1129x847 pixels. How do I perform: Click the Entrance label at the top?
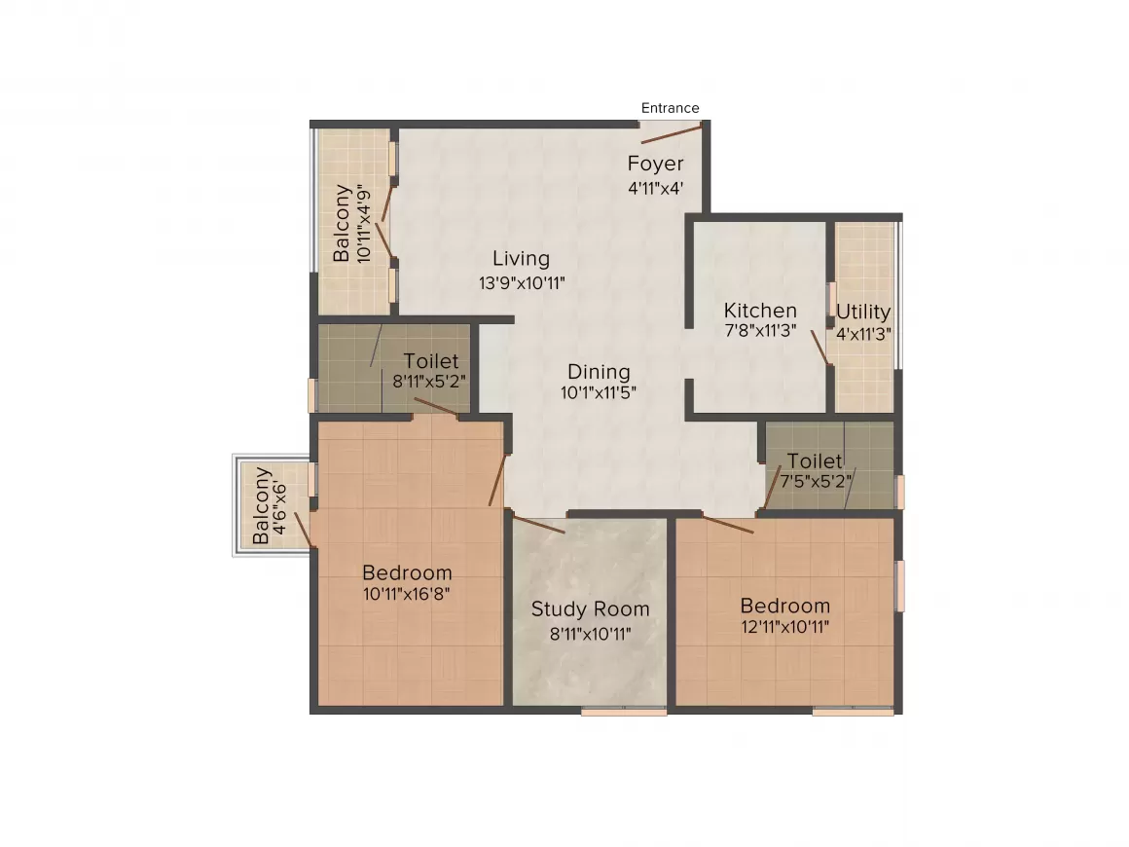click(x=670, y=108)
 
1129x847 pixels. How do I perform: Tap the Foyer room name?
click(x=655, y=164)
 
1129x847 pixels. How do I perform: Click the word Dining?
click(x=599, y=372)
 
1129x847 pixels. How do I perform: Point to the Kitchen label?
click(x=760, y=311)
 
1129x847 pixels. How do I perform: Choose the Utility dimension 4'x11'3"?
click(x=864, y=332)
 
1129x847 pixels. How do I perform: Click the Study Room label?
click(x=590, y=609)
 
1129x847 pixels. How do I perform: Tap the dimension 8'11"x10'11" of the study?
click(x=590, y=634)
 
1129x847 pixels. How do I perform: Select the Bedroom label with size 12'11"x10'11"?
click(x=784, y=606)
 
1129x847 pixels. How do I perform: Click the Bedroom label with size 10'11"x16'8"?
click(x=407, y=572)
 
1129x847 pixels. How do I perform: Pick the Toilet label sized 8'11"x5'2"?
click(x=431, y=361)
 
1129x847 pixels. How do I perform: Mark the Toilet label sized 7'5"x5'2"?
click(x=815, y=460)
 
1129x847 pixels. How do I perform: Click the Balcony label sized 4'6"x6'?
click(x=262, y=506)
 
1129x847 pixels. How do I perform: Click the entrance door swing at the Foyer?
click(x=672, y=134)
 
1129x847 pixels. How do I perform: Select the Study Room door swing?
click(x=538, y=525)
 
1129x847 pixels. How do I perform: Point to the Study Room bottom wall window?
click(x=624, y=712)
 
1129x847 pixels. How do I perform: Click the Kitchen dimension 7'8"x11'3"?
click(x=760, y=331)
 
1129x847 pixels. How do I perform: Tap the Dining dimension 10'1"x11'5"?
click(x=599, y=393)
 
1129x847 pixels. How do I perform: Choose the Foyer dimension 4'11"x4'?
click(x=655, y=187)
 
